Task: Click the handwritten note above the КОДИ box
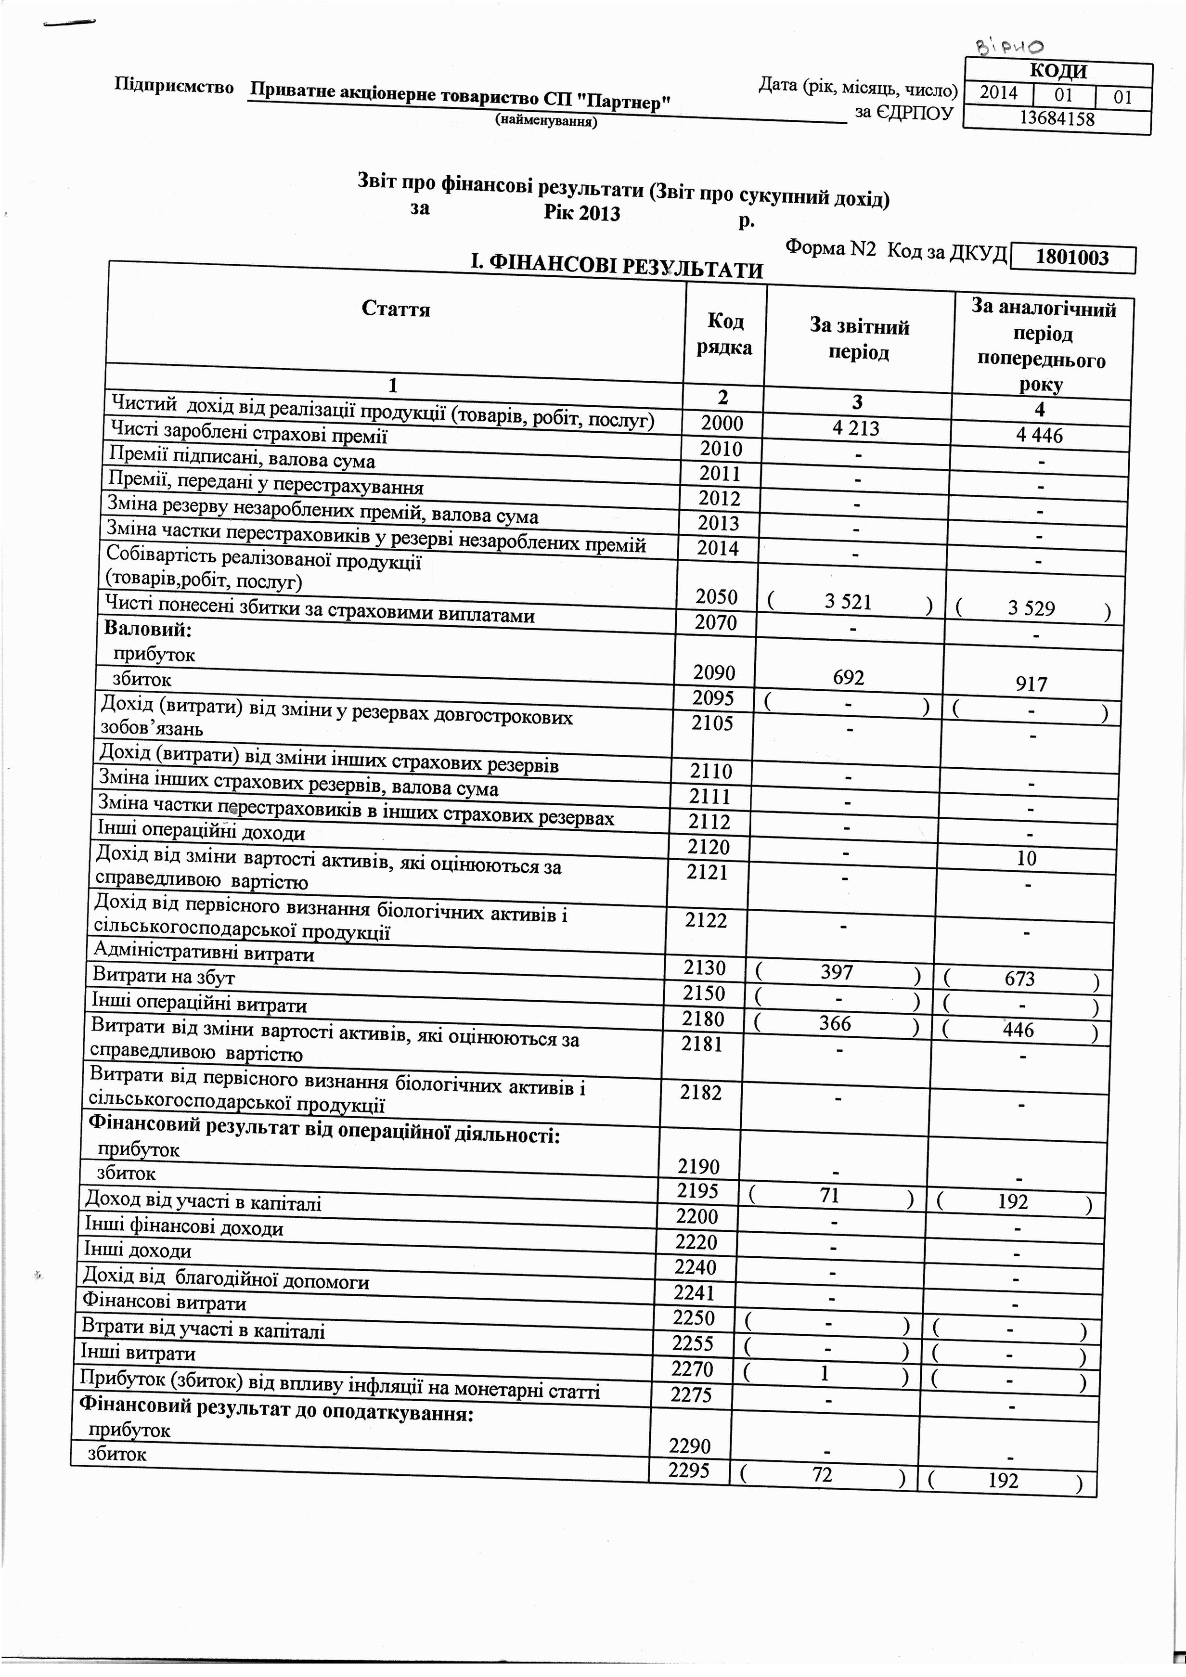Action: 1010,48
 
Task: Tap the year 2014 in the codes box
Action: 998,93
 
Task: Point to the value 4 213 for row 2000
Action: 856,428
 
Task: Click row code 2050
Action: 716,597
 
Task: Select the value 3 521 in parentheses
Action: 848,602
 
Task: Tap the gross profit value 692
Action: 848,678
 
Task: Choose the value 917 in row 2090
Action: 1031,684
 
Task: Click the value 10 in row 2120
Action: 1026,858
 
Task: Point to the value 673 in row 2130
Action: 1019,979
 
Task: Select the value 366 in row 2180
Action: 835,1023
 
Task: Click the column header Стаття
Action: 396,309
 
